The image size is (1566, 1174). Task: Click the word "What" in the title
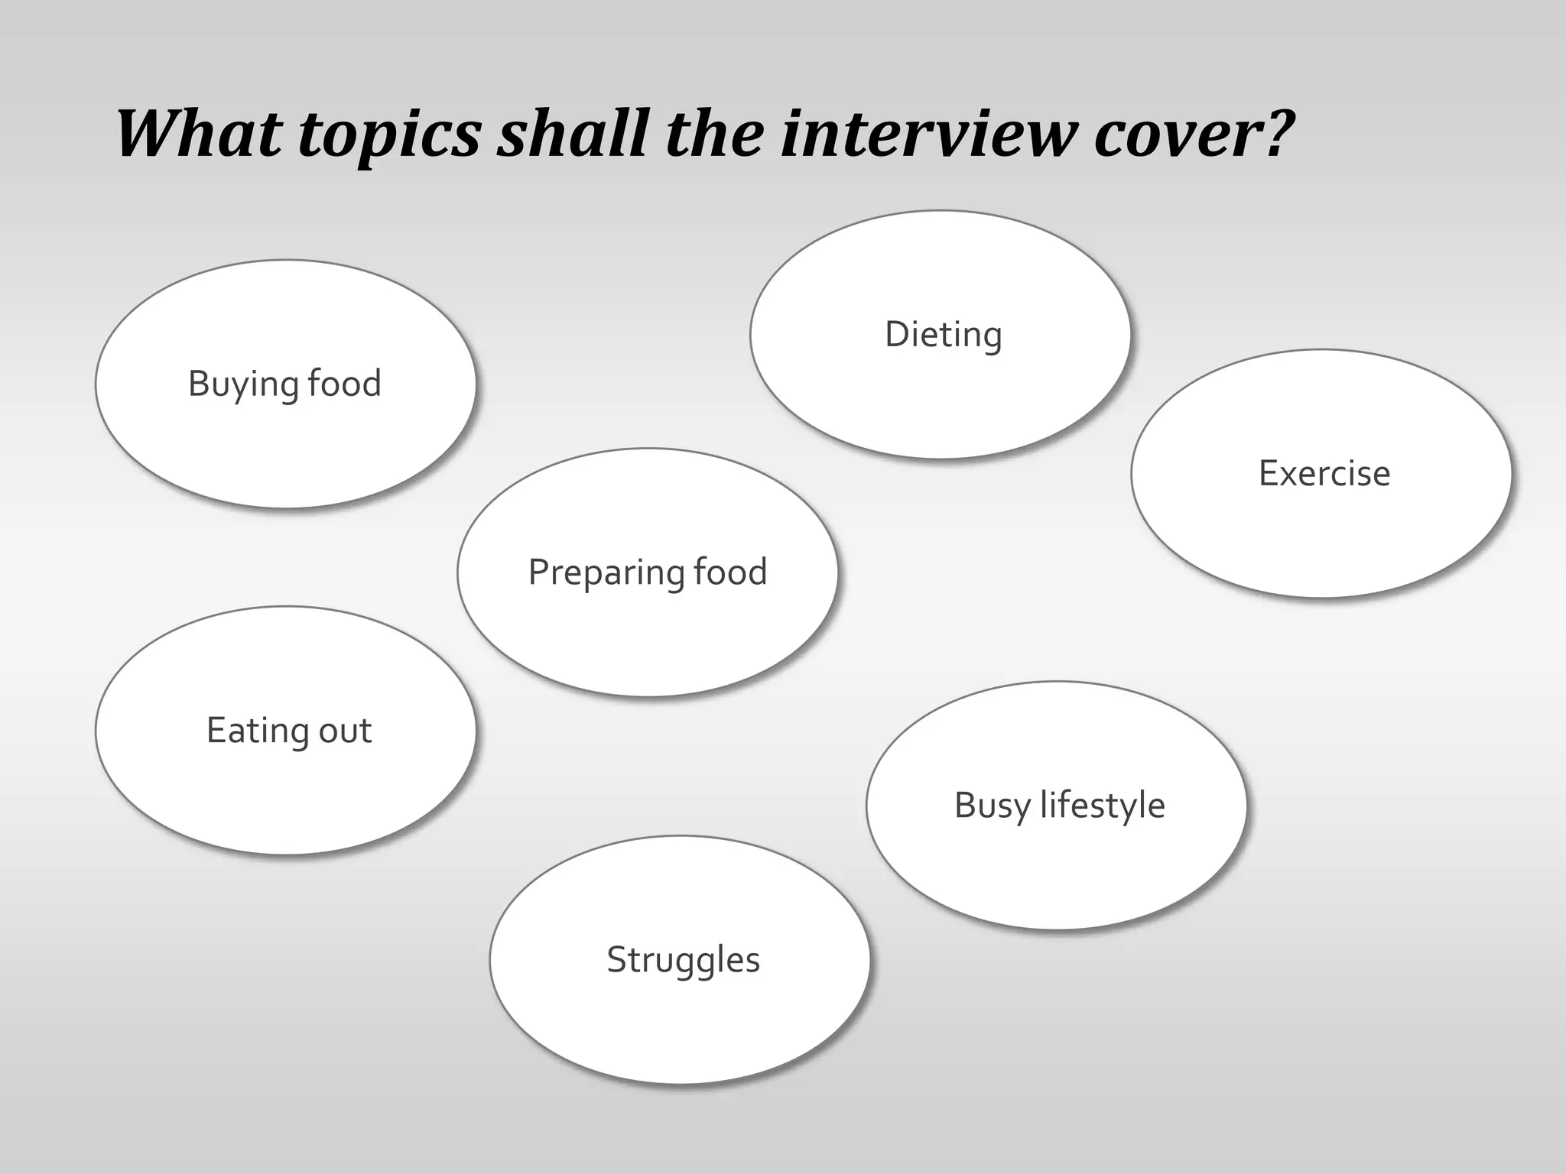200,133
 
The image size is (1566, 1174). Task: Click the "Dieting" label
943,335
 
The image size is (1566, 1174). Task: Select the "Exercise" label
1324,473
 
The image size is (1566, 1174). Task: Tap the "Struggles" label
683,960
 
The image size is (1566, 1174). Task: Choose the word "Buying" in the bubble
242,384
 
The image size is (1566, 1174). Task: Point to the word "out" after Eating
345,731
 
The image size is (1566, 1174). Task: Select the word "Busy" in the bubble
992,806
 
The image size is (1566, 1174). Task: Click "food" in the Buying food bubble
344,383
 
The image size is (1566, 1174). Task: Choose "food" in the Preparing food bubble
729,572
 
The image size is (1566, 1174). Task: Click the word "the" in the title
715,133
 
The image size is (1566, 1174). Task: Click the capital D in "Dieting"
897,335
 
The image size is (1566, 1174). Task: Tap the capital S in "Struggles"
616,960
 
